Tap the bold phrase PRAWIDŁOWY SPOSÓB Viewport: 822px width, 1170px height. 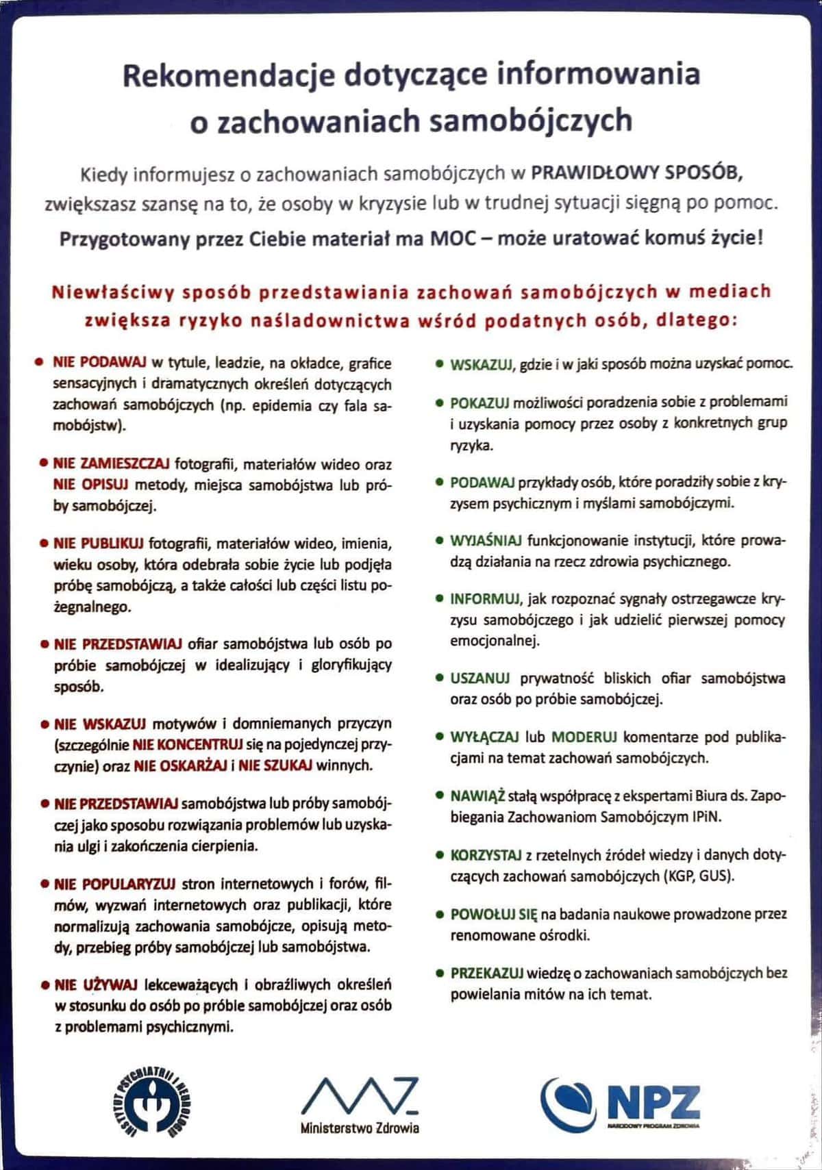click(x=637, y=173)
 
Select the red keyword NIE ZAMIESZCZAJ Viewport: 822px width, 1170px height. click(x=111, y=463)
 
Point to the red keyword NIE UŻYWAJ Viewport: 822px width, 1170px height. click(x=96, y=984)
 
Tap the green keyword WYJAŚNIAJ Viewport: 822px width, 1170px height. click(x=486, y=541)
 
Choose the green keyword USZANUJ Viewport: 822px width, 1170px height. click(x=480, y=678)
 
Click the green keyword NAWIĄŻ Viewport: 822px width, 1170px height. click(x=477, y=796)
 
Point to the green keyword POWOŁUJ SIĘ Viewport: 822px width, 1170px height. click(x=493, y=915)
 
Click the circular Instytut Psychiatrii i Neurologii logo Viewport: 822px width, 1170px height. click(x=153, y=1104)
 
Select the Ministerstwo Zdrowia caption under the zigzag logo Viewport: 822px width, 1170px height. click(x=360, y=1128)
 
